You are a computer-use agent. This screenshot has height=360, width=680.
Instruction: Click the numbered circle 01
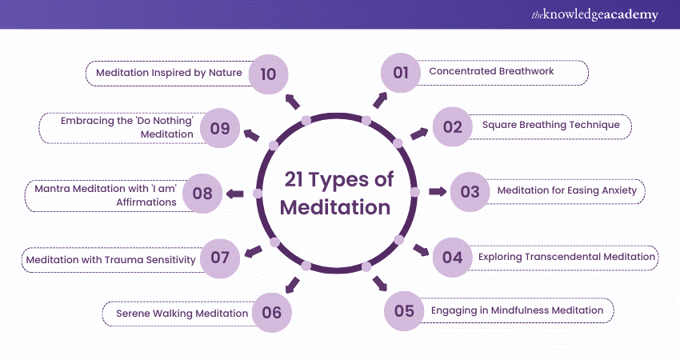[x=400, y=73]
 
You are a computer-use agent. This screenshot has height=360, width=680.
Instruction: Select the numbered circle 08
[x=202, y=193]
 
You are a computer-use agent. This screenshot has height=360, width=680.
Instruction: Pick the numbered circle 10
[x=268, y=74]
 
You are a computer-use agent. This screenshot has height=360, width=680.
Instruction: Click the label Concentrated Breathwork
[x=491, y=72]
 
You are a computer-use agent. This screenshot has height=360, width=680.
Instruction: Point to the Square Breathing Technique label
[x=541, y=126]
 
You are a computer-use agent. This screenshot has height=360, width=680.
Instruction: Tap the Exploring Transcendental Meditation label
[x=567, y=258]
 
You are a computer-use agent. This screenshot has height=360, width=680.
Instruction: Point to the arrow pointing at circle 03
[x=437, y=192]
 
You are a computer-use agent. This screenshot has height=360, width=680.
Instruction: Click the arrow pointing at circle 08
[x=235, y=193]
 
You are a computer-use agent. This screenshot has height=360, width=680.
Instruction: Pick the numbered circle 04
[x=452, y=258]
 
